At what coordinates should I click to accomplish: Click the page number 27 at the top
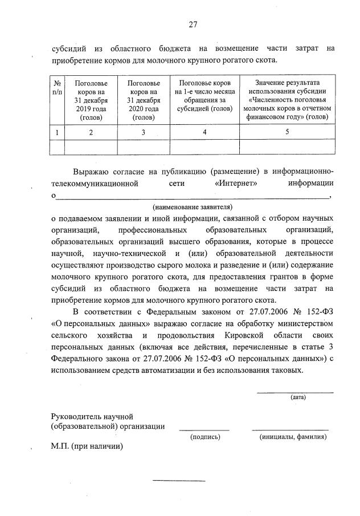193,24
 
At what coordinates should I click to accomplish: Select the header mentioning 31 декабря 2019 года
92,100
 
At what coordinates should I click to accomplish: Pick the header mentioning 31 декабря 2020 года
144,100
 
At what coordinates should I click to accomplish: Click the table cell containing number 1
58,132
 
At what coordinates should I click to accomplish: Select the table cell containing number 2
92,132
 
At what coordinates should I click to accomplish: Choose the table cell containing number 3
144,132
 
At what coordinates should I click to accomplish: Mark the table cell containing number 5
287,132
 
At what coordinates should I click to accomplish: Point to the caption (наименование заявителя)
193,206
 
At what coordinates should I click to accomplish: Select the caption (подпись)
204,437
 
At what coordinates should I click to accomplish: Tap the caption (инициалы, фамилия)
293,437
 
